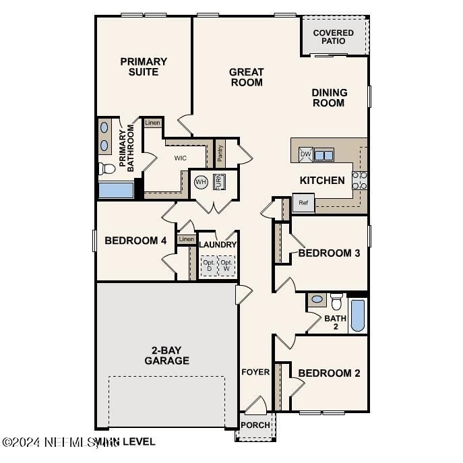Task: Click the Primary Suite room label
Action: click(144, 67)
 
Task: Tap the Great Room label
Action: click(246, 78)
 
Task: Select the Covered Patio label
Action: click(333, 37)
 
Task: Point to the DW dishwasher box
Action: click(305, 154)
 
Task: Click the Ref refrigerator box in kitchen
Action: click(303, 202)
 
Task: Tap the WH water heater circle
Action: click(201, 182)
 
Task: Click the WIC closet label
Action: click(180, 158)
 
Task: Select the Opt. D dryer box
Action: click(209, 266)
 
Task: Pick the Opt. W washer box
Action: click(227, 266)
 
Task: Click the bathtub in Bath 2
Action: click(358, 315)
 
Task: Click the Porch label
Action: click(255, 425)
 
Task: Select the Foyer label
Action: click(255, 372)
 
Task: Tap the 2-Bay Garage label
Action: click(166, 355)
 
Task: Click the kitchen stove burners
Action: click(360, 179)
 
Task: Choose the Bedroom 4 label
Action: click(135, 241)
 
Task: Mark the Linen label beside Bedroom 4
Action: click(187, 239)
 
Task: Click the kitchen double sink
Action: click(323, 154)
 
